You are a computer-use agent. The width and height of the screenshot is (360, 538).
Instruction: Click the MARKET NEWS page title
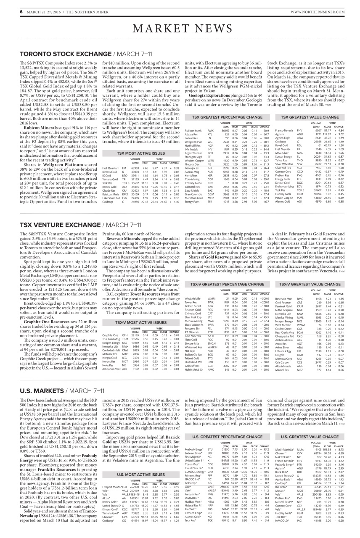pyautogui.click(x=180, y=29)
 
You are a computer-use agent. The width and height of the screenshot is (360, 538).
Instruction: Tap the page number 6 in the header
pyautogui.click(x=21, y=11)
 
